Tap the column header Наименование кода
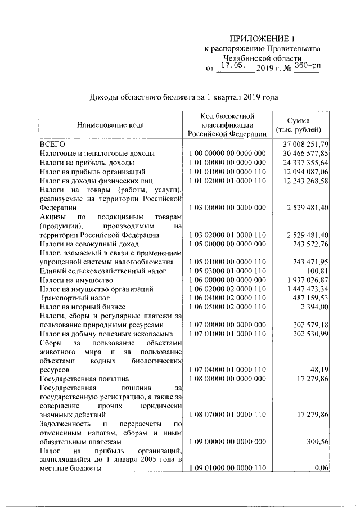coord(110,124)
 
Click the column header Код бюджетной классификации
coord(227,124)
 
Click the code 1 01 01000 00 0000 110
coord(227,171)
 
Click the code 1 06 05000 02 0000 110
coord(227,307)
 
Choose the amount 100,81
coord(318,271)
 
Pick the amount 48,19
coord(319,370)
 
